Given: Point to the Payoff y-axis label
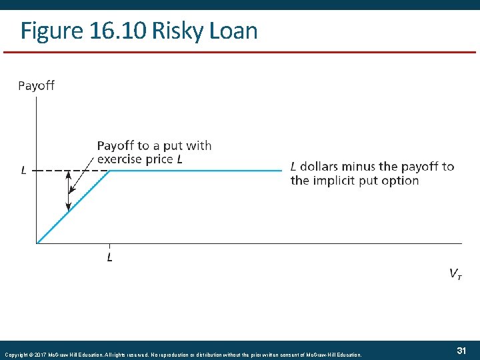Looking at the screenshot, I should pyautogui.click(x=36, y=85).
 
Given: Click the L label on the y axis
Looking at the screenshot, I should pyautogui.click(x=24, y=171).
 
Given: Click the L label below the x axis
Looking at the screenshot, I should pyautogui.click(x=109, y=257).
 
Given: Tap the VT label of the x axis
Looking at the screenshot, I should pyautogui.click(x=456, y=273).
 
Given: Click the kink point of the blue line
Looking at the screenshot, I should pyautogui.click(x=110, y=171).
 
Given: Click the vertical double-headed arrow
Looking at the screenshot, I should pyautogui.click(x=68, y=191).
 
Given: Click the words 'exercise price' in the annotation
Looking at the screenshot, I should pyautogui.click(x=135, y=159).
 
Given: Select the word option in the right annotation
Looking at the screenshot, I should pyautogui.click(x=400, y=180).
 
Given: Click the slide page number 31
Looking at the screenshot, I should pyautogui.click(x=460, y=351).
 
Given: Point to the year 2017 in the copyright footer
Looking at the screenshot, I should pyautogui.click(x=37, y=355).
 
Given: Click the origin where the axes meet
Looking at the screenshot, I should pyautogui.click(x=37, y=243).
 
